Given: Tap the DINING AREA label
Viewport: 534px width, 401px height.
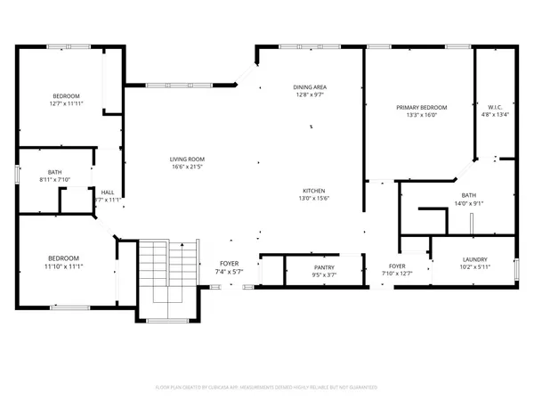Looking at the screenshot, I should [310, 86].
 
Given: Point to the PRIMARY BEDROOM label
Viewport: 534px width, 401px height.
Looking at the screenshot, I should [421, 107].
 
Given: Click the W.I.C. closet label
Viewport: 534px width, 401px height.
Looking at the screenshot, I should [496, 107].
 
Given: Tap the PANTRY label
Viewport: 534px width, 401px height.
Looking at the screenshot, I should [323, 266].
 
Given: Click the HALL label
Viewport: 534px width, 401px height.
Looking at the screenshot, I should [107, 192].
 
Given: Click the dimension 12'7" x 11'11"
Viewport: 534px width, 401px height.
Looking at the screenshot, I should [65, 103].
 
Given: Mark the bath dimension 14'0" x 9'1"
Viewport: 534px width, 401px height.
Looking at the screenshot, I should [468, 203].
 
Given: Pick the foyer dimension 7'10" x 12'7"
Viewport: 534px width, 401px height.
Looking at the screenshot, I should [397, 274].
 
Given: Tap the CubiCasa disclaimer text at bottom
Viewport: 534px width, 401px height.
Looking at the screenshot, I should [267, 388].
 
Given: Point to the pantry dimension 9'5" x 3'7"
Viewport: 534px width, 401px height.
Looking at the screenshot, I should [323, 274].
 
